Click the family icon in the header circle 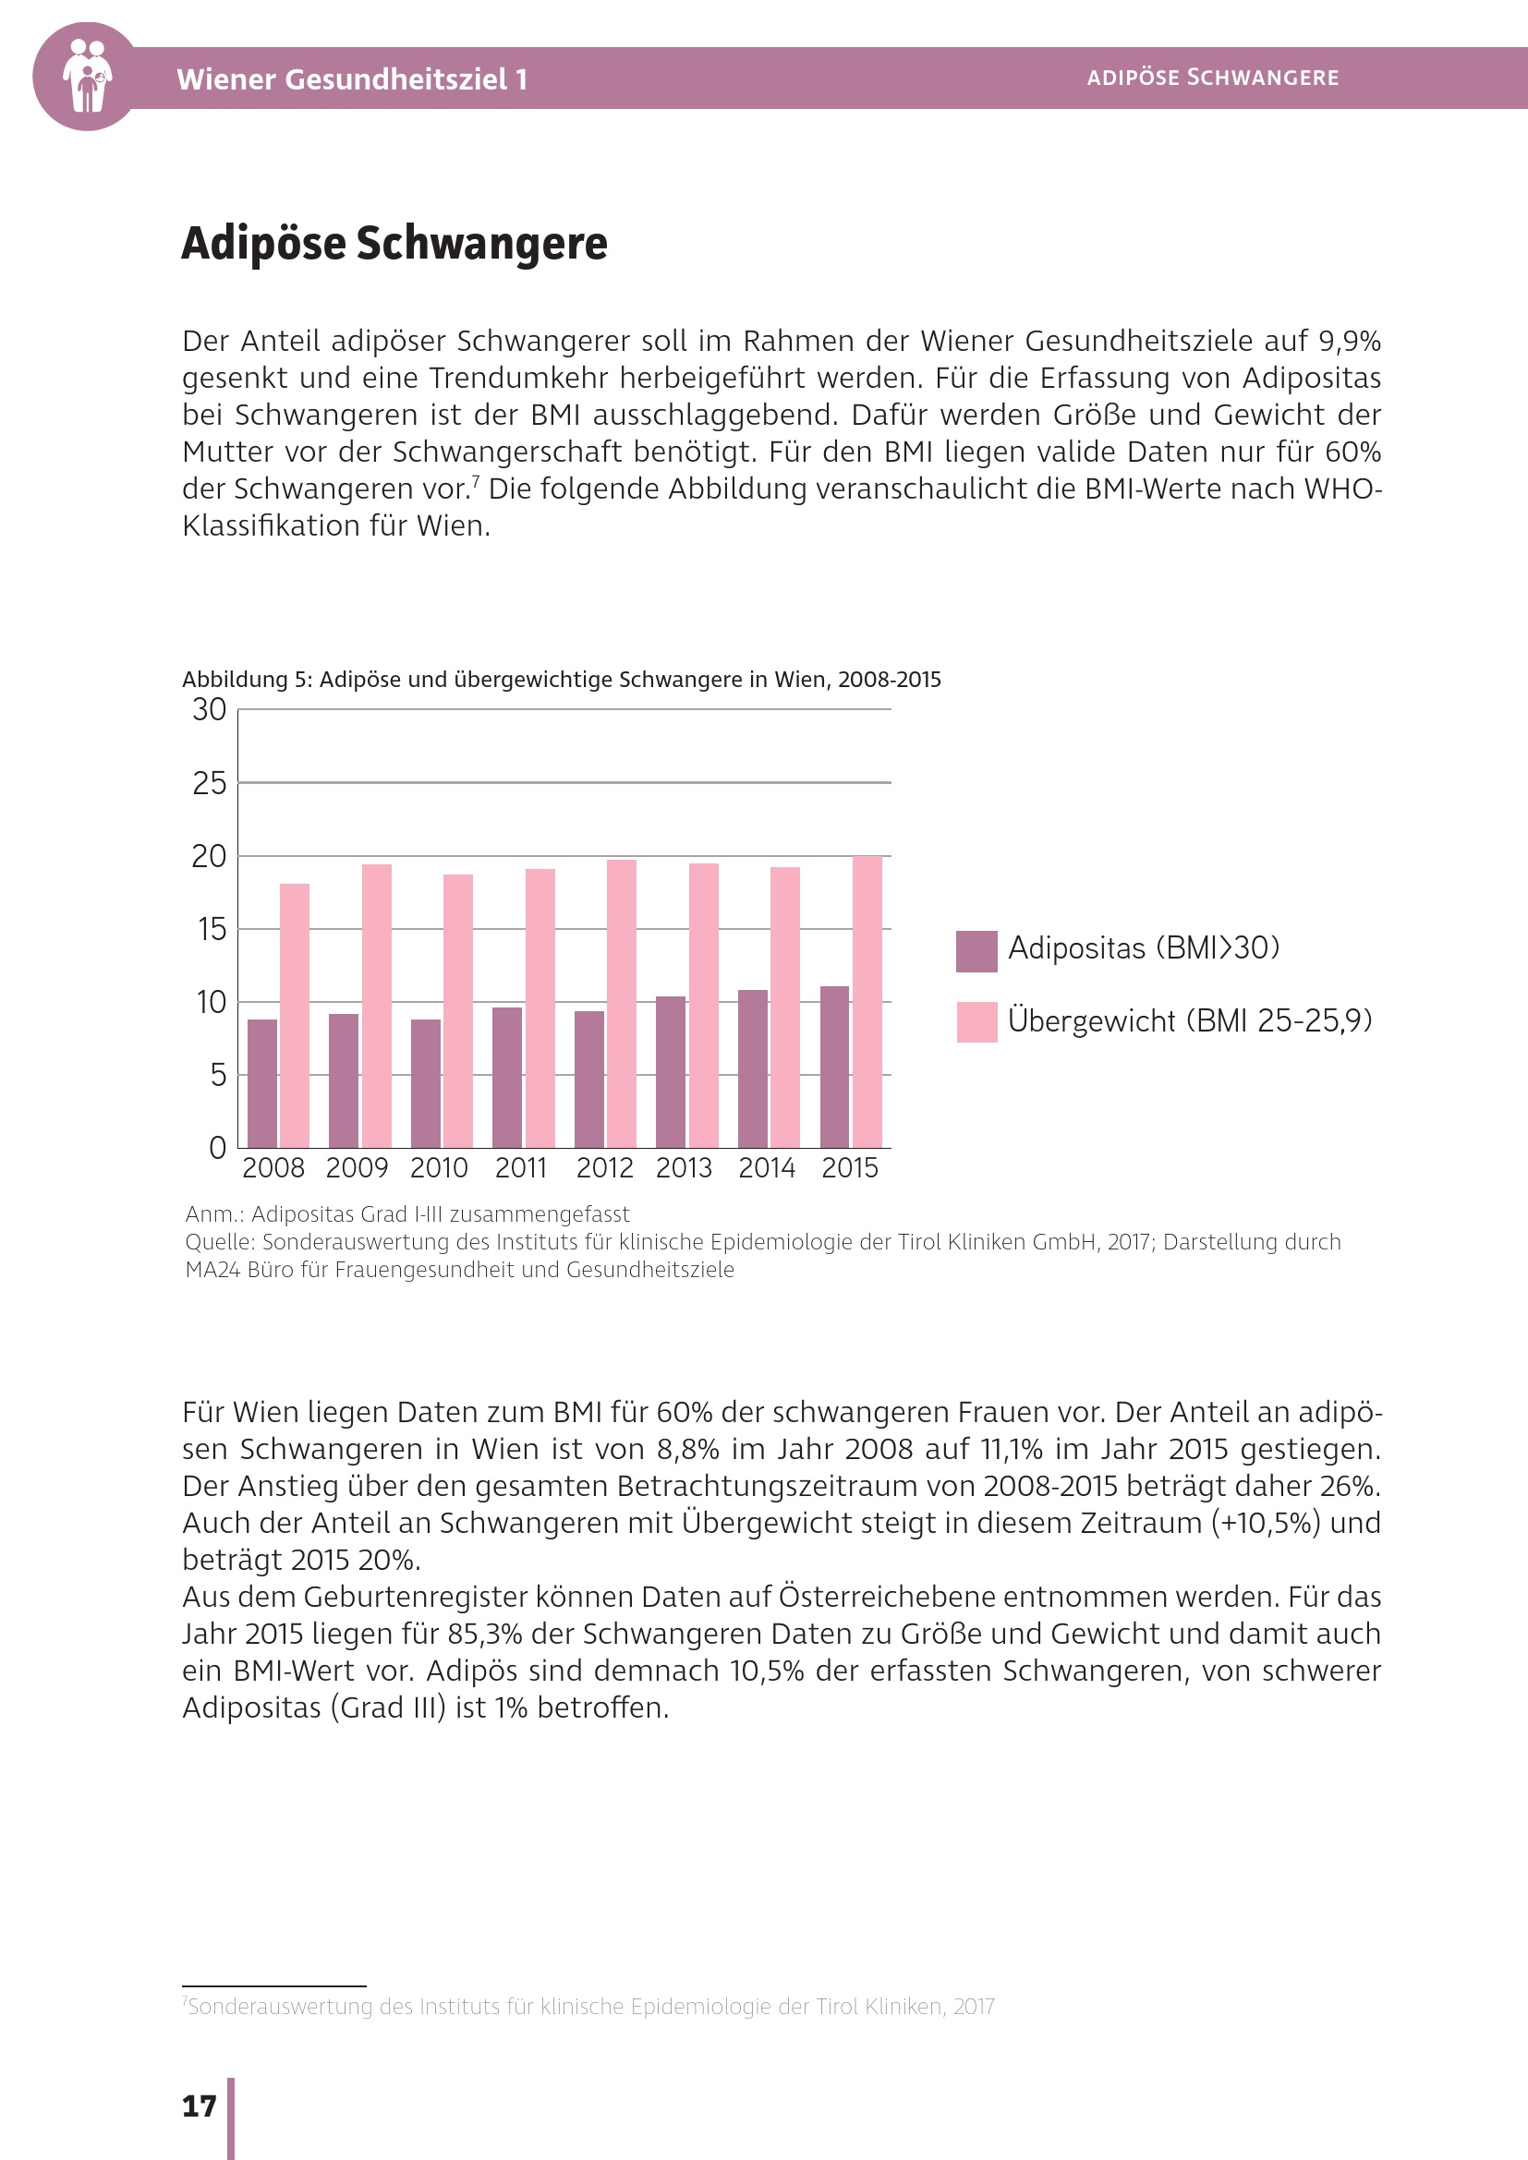[x=87, y=77]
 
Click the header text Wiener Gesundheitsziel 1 [x=352, y=79]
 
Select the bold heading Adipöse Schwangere [x=394, y=244]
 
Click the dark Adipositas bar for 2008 [x=262, y=1083]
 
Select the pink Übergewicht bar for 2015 [x=867, y=1001]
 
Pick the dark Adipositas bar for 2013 [x=671, y=1071]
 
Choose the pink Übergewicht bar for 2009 [x=376, y=1005]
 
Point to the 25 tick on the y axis [x=210, y=783]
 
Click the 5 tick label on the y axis [x=217, y=1074]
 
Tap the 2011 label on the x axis [x=521, y=1168]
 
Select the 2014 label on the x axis [x=767, y=1168]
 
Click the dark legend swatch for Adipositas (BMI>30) [x=976, y=951]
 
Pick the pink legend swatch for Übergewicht [x=976, y=1021]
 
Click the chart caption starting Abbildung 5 [x=561, y=680]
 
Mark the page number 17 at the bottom [x=199, y=2106]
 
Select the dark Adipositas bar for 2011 [x=507, y=1077]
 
